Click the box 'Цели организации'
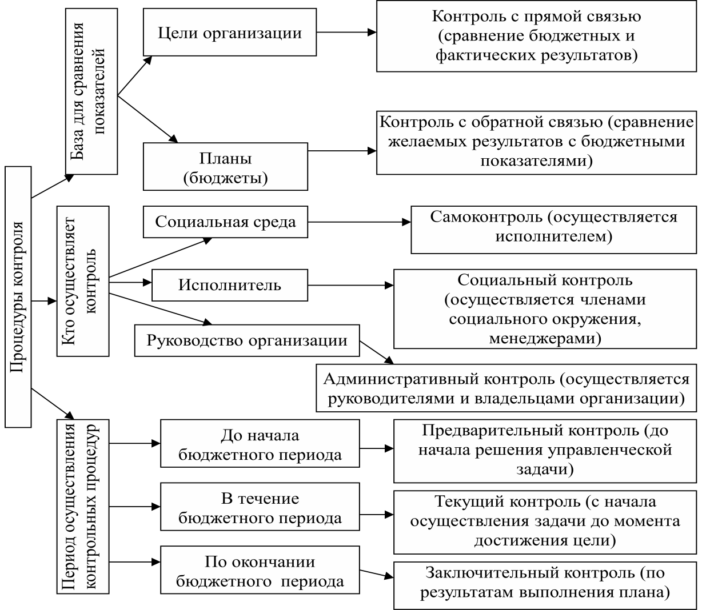pos(230,32)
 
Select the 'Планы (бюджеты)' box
pos(225,166)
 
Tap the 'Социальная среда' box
pos(225,222)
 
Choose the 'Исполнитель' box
pos(230,285)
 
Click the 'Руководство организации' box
pos(247,340)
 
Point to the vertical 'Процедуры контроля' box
pos(18,297)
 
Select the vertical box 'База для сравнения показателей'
pos(91,91)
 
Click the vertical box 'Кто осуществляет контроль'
pos(83,281)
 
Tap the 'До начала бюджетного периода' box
pos(260,444)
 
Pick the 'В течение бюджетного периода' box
pos(260,507)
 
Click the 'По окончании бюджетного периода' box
pos(260,570)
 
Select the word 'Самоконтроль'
pos(486,217)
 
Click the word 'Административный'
pos(401,379)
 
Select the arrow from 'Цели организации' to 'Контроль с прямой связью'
pos(346,32)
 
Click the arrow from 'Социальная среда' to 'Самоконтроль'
pos(359,222)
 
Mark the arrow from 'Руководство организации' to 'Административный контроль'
pos(377,352)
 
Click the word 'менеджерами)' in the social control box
pos(545,339)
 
